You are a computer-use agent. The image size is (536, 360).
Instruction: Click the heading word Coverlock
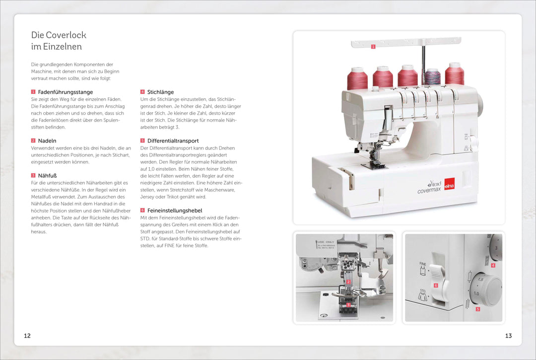pos(66,35)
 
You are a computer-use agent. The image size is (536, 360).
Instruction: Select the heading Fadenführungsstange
pos(66,92)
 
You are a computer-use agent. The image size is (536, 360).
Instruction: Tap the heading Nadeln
pos(47,141)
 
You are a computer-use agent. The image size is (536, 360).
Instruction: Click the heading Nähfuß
pos(47,175)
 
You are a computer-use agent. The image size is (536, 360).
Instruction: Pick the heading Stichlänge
pos(160,92)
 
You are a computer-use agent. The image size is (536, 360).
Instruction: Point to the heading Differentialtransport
pos(173,141)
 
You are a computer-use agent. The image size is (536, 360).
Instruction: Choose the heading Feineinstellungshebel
pos(175,210)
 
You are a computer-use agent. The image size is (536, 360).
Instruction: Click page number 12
pos(27,336)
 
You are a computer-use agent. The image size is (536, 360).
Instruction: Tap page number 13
pos(508,336)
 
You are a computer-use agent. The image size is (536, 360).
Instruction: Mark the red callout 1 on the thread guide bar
pos(373,47)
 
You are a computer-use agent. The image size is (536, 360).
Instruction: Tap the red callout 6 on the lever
pos(436,285)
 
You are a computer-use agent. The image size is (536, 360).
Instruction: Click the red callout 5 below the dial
pos(478,309)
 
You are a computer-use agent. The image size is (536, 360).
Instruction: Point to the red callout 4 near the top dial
pos(493,265)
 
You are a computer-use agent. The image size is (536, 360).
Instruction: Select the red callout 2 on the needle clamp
pos(348,282)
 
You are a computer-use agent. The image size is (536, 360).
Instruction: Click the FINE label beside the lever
pos(423,264)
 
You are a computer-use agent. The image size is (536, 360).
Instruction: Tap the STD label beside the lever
pos(423,290)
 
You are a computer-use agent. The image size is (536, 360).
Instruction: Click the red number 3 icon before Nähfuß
pos(33,175)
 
